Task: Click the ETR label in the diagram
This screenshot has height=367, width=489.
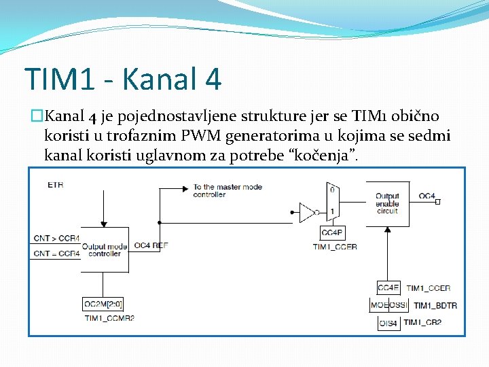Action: [x=55, y=184]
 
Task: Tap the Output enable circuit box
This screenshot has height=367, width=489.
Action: [x=388, y=203]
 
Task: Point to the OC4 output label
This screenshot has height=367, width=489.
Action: [x=427, y=196]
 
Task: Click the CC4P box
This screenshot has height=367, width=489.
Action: [x=331, y=232]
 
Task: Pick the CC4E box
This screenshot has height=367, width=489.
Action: [x=389, y=288]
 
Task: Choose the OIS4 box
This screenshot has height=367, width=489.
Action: [x=389, y=322]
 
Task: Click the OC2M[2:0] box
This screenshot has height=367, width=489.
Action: [x=104, y=304]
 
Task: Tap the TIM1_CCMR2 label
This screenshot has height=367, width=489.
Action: [x=109, y=317]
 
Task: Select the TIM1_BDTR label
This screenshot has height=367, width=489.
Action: [x=435, y=305]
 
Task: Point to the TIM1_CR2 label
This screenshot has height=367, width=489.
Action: [x=422, y=322]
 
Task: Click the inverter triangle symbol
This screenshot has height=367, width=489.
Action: [x=307, y=213]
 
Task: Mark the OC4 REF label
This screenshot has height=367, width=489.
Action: [x=151, y=245]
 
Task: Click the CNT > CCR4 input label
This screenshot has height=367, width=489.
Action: [x=56, y=239]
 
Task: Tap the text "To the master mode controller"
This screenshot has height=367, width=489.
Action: [x=227, y=190]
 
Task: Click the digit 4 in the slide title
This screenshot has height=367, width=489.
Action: [x=211, y=79]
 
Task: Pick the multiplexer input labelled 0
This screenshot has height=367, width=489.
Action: [x=331, y=190]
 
